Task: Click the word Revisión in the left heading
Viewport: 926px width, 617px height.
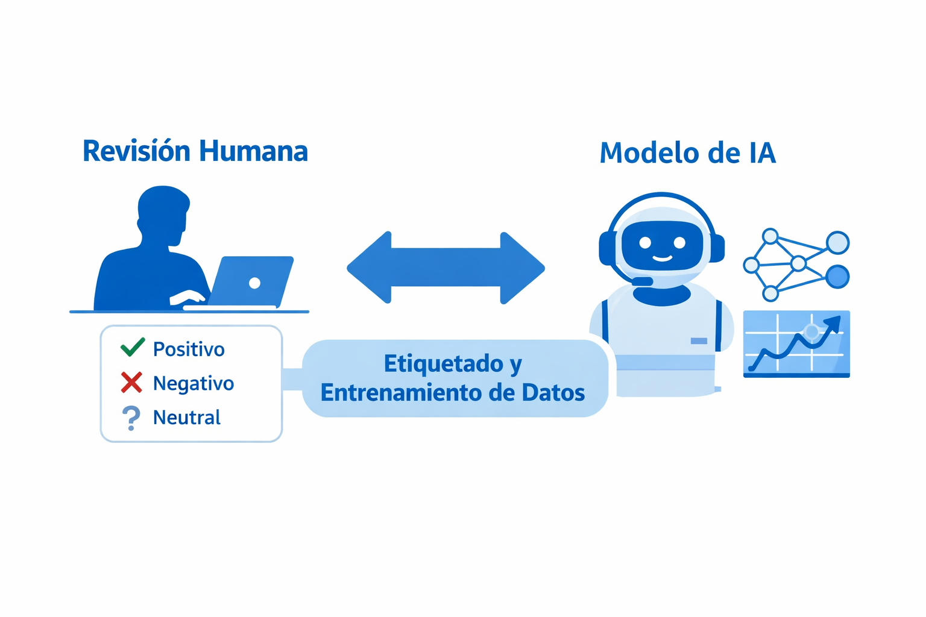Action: click(137, 151)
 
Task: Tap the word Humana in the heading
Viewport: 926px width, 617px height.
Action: click(253, 151)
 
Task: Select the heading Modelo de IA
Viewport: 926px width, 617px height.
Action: click(687, 153)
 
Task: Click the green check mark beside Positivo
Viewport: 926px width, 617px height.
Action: click(133, 347)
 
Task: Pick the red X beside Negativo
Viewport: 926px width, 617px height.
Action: click(131, 382)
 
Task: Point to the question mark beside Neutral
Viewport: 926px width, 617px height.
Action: click(131, 418)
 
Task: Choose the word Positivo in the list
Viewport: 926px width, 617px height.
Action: click(189, 349)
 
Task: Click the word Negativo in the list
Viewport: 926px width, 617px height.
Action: click(194, 383)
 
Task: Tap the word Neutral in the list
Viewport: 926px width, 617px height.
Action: click(187, 418)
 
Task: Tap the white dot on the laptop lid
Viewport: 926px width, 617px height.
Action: click(254, 283)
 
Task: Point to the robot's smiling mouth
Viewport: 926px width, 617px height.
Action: click(662, 258)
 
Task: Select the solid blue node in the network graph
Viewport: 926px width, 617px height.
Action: click(837, 277)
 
